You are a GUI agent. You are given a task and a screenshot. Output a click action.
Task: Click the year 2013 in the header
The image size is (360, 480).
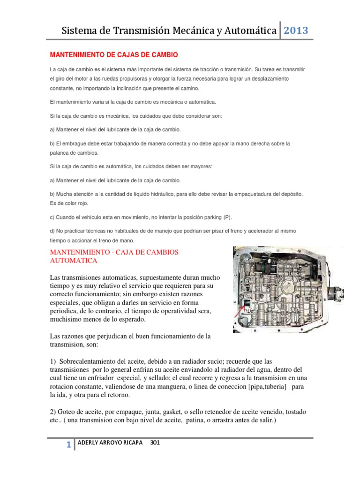pyautogui.click(x=296, y=31)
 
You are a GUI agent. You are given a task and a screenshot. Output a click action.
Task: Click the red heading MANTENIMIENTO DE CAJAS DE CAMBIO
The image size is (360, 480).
pyautogui.click(x=114, y=55)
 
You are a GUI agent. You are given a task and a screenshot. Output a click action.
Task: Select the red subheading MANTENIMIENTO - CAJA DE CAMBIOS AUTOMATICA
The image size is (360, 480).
pyautogui.click(x=114, y=256)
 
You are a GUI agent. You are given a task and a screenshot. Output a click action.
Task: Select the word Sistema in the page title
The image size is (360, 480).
pyautogui.click(x=80, y=31)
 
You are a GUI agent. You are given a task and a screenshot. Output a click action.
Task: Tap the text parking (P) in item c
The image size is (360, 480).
pyautogui.click(x=217, y=217)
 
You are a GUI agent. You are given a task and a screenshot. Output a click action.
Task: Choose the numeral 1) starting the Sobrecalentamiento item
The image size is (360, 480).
pyautogui.click(x=53, y=362)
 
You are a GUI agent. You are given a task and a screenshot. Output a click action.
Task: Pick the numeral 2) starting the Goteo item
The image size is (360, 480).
pyautogui.click(x=53, y=412)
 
